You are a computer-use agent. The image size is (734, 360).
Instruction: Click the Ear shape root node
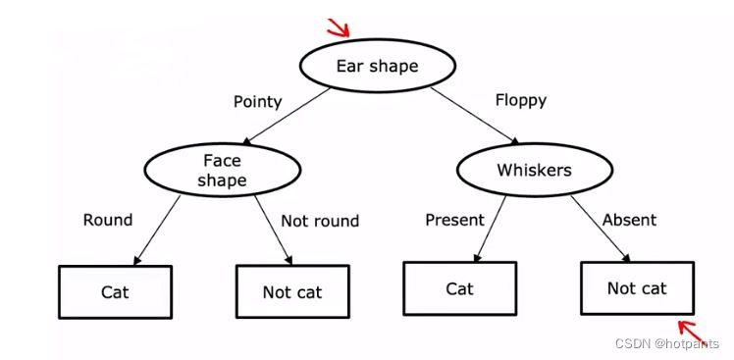(x=377, y=67)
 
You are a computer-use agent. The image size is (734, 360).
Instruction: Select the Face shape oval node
(x=221, y=171)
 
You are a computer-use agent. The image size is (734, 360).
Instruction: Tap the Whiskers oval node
(x=534, y=171)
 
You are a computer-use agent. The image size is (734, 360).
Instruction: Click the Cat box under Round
(x=115, y=292)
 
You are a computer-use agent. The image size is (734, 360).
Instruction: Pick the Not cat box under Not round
(x=291, y=292)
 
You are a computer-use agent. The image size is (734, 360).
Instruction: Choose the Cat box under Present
(x=459, y=288)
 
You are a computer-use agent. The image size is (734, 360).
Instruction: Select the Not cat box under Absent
(x=637, y=288)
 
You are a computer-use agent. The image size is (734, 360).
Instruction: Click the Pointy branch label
(x=257, y=101)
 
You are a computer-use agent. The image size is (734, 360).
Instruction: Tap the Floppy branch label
(x=521, y=100)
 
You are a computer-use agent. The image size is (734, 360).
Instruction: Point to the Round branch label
(x=108, y=220)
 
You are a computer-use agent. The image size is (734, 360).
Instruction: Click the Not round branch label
(x=320, y=221)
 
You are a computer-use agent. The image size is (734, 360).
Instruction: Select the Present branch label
(x=454, y=220)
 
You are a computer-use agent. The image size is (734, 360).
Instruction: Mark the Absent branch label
(x=629, y=220)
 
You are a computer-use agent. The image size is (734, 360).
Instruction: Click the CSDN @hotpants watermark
(x=666, y=343)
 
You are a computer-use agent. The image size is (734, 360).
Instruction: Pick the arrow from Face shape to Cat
(x=156, y=231)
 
